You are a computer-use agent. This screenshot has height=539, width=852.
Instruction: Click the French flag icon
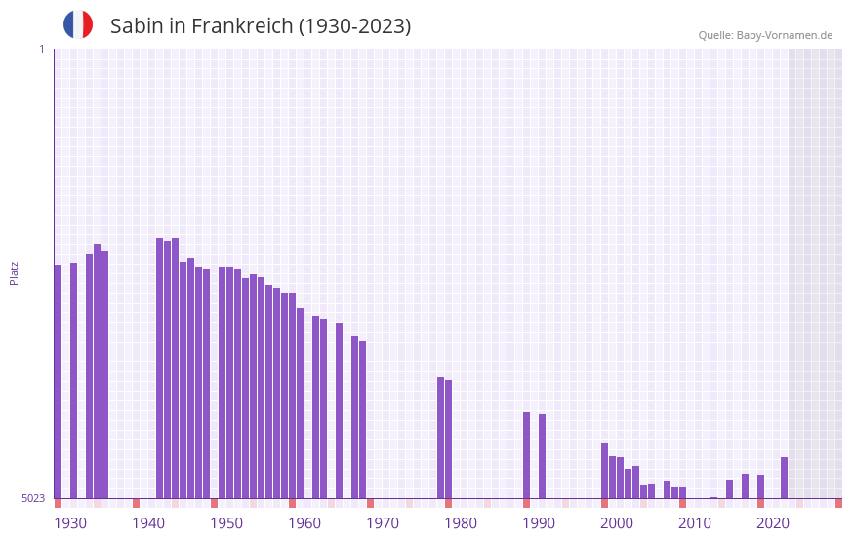(x=78, y=24)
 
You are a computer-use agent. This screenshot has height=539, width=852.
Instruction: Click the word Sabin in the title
(x=137, y=26)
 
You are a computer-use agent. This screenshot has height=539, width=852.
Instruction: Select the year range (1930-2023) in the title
(x=354, y=26)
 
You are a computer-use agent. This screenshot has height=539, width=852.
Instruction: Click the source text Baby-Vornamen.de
(x=784, y=35)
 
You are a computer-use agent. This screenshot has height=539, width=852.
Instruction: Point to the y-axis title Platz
(x=14, y=272)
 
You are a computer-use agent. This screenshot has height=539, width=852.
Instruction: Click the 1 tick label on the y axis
(x=41, y=49)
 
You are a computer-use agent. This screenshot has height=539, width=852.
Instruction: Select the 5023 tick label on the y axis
(x=33, y=498)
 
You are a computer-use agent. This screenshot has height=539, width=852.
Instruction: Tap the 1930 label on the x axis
(x=70, y=523)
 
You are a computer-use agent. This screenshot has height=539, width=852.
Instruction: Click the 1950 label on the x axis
(x=226, y=523)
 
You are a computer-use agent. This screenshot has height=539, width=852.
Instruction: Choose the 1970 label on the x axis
(x=383, y=523)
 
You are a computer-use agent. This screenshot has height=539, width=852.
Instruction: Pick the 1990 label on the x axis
(x=539, y=523)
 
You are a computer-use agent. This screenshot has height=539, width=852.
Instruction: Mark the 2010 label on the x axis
(x=695, y=523)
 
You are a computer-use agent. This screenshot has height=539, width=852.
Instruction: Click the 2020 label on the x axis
(x=773, y=523)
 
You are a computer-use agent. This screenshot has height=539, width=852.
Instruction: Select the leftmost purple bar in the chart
(x=58, y=381)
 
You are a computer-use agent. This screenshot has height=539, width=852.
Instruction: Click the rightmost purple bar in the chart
(x=784, y=477)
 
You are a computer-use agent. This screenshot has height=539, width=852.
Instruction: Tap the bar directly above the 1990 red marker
(x=526, y=455)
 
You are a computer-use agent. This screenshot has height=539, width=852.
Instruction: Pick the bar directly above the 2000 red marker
(x=604, y=471)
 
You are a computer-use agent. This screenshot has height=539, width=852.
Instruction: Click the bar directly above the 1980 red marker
(x=448, y=438)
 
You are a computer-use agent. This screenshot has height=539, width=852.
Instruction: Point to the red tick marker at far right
(x=838, y=503)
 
